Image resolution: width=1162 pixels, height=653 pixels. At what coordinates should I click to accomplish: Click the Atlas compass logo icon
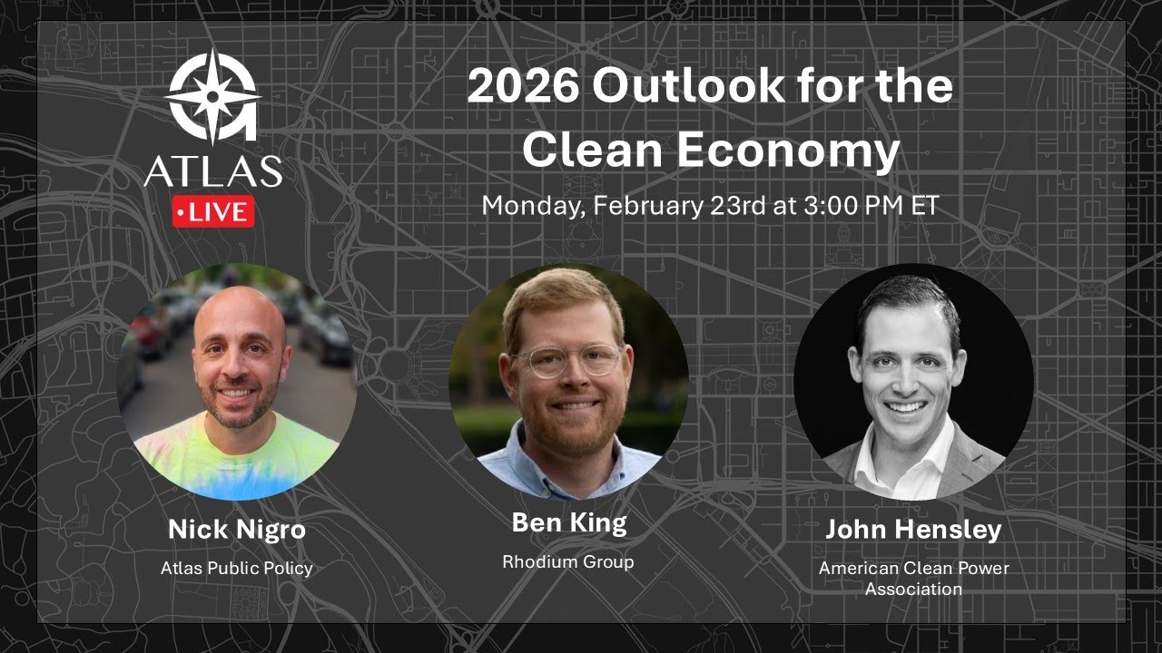212,96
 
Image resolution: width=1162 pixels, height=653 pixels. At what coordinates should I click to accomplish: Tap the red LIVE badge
212,212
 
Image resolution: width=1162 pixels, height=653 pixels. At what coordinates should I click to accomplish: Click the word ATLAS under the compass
212,171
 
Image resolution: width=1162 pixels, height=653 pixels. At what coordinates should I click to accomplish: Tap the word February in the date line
648,205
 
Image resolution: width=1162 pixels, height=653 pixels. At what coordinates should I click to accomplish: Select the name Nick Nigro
236,530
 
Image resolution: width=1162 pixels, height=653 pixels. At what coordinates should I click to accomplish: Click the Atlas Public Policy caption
236,569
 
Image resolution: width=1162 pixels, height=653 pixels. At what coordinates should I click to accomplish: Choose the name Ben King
568,523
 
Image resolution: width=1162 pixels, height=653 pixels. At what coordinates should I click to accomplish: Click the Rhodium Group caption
568,562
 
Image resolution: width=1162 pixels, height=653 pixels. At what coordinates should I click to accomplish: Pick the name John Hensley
912,530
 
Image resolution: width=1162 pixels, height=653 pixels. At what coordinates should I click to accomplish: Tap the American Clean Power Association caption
913,579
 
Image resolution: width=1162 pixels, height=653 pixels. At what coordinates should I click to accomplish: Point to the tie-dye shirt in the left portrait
236,458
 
